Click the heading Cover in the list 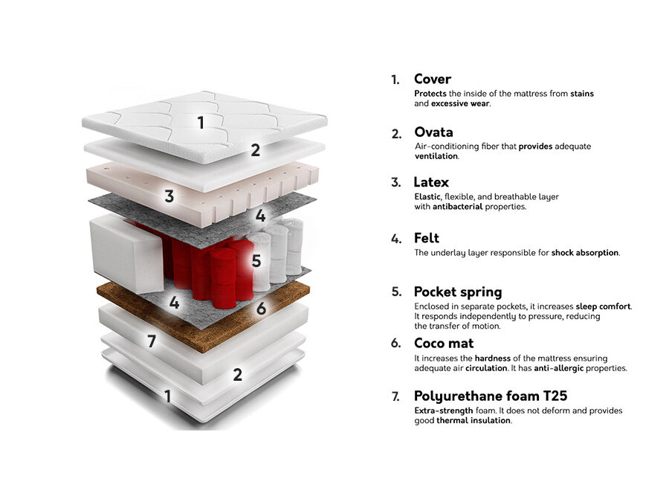[432, 79]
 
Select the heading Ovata [433, 132]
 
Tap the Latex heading [431, 182]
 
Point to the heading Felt [426, 238]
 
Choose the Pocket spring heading [458, 292]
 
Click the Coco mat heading [444, 343]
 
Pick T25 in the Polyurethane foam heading [555, 396]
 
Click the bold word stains [582, 94]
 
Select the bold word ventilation [436, 156]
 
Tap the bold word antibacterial [457, 207]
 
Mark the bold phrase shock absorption [584, 253]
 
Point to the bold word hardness [492, 358]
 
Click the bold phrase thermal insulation [474, 420]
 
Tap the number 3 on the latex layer [169, 196]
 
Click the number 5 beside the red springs [256, 260]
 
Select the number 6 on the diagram [261, 308]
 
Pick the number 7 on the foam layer [152, 341]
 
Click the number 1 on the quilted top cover [201, 123]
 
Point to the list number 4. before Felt [396, 239]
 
